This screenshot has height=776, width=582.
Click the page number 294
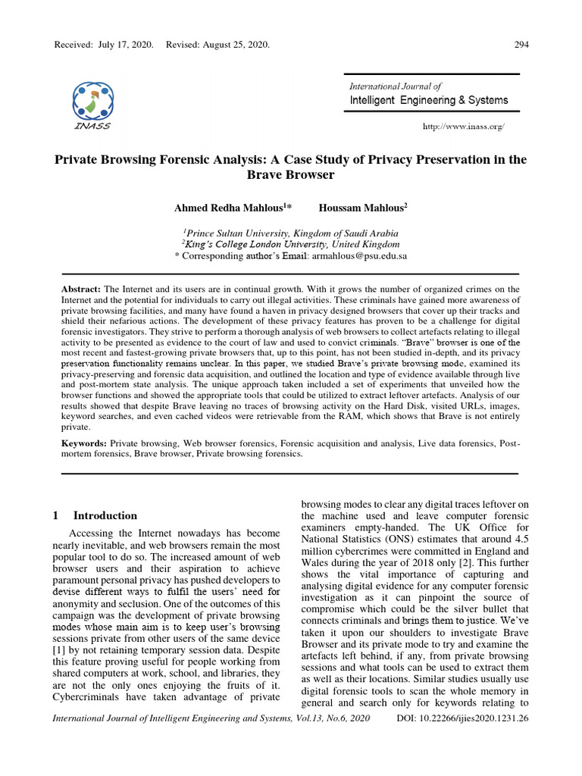521,45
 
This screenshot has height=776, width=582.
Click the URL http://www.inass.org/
463,126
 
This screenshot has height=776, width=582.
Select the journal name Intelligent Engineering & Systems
429,100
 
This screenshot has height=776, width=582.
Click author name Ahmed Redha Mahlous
232,206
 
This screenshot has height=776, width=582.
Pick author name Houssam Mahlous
361,206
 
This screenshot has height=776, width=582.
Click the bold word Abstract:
80,289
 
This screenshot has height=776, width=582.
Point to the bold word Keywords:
84,442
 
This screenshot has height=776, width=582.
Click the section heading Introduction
105,515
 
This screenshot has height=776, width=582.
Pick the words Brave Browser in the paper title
290,174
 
